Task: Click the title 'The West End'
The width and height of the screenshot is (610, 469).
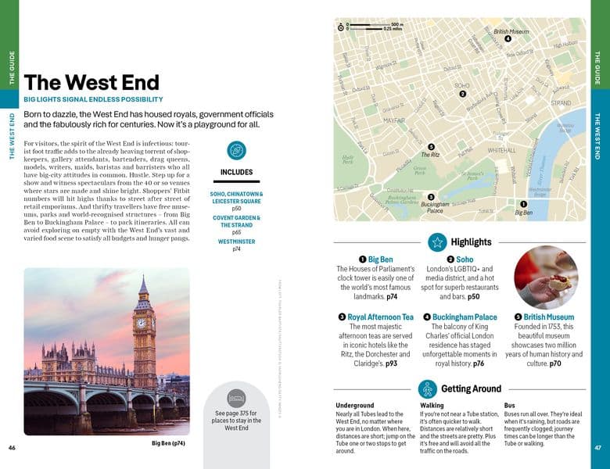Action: (x=91, y=83)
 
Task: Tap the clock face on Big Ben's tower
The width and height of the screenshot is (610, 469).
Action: (x=142, y=322)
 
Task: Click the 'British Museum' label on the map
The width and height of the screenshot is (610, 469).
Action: (x=511, y=31)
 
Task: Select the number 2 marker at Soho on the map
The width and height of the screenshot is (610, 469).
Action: (x=463, y=94)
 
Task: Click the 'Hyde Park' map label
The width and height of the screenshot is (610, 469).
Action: (x=348, y=160)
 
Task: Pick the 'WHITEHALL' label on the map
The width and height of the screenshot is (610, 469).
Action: (x=501, y=149)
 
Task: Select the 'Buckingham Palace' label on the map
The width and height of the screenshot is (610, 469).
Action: (x=435, y=208)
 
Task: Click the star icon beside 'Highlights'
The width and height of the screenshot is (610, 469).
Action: (x=437, y=242)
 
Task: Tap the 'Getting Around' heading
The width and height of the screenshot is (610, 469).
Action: (x=471, y=388)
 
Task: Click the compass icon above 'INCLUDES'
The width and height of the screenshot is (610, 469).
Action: (x=236, y=151)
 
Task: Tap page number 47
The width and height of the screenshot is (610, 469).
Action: (x=597, y=448)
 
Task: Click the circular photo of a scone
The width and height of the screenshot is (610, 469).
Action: (x=546, y=276)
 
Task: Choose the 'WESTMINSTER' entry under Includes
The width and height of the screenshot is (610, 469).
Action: (x=236, y=242)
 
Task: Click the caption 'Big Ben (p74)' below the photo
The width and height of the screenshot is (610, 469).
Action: (x=168, y=443)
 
